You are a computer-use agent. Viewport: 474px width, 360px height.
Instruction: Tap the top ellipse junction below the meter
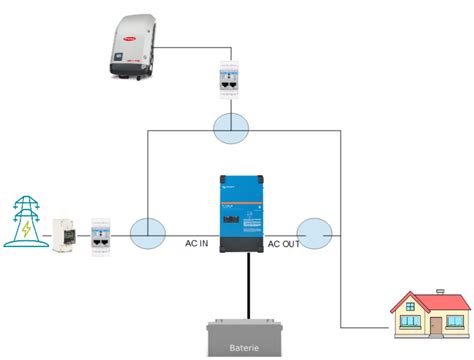click(x=229, y=126)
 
